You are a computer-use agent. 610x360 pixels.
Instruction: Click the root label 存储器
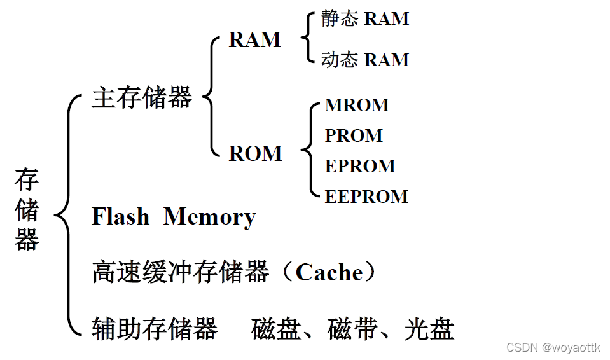(x=27, y=210)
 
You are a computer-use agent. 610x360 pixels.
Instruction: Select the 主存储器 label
(x=142, y=98)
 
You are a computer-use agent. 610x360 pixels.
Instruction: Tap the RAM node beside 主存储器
(x=254, y=40)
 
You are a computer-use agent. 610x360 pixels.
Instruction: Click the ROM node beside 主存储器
(x=255, y=153)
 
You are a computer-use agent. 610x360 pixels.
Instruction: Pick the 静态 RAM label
(x=364, y=19)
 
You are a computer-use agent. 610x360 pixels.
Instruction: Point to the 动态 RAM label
(x=364, y=60)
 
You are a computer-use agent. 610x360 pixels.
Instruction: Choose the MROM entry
(x=356, y=105)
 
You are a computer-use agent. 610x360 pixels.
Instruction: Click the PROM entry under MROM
(x=354, y=135)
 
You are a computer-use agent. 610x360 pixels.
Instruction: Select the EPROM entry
(x=360, y=166)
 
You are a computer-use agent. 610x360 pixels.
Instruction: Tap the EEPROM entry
(x=366, y=197)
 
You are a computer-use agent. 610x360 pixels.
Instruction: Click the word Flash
(x=121, y=217)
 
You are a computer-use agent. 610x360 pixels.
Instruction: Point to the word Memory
(x=209, y=218)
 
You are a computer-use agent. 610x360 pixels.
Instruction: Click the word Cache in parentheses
(x=329, y=273)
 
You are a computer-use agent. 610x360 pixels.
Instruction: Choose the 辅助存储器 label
(x=155, y=329)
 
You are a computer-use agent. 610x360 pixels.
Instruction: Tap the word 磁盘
(x=276, y=329)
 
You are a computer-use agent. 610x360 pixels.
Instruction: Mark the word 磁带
(x=352, y=329)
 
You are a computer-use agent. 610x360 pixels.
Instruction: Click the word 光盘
(x=429, y=329)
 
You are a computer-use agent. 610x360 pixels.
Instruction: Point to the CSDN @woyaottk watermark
(x=553, y=347)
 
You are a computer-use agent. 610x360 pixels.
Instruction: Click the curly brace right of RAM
(x=308, y=39)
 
